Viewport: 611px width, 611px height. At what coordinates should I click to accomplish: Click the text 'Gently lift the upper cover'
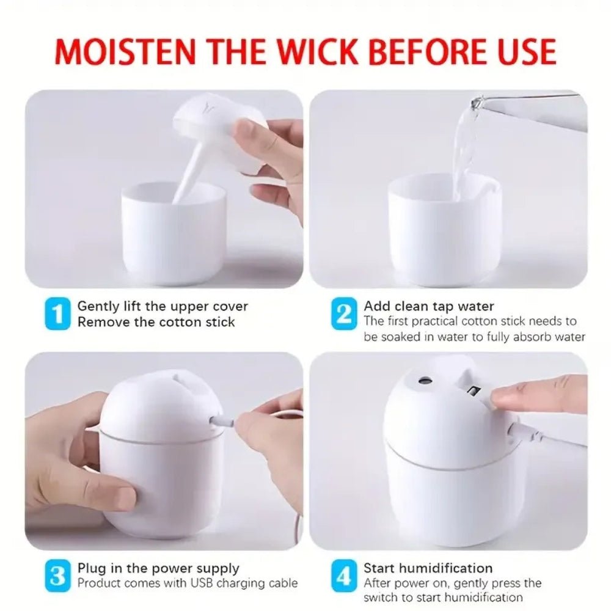163,306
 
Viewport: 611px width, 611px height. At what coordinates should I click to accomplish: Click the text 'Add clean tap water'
429,306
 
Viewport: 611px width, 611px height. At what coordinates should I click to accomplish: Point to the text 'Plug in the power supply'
158,569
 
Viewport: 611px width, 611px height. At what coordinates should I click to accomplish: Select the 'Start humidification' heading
428,569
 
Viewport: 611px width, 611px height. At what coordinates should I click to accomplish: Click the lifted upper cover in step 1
214,125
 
